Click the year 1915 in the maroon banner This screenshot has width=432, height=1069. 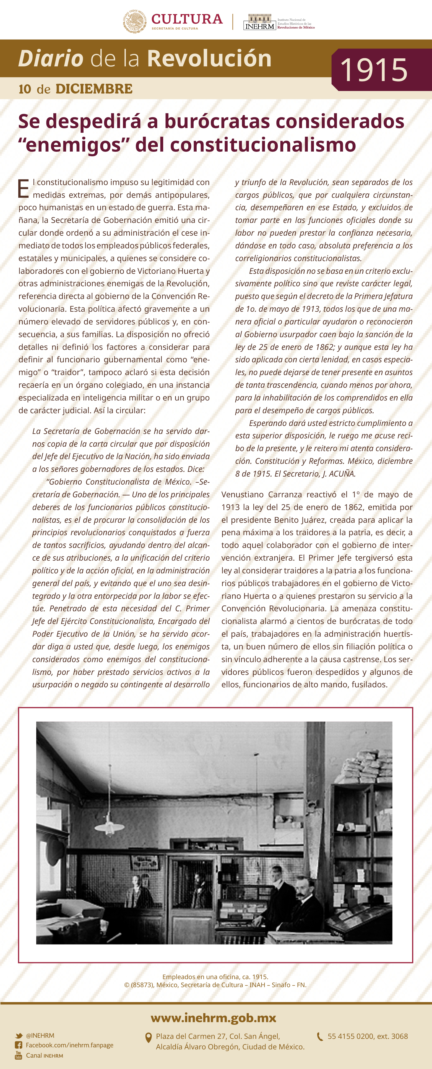click(x=374, y=70)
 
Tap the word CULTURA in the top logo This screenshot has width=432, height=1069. click(x=187, y=19)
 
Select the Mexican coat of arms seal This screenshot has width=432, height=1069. click(x=134, y=22)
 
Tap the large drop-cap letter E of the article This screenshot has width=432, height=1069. click(x=24, y=189)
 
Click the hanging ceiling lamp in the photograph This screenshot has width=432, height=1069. click(x=109, y=826)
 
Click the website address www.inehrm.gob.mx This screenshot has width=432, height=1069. click(x=213, y=1018)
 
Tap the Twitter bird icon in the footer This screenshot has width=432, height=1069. click(x=19, y=1036)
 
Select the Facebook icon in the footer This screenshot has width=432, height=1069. click(x=19, y=1045)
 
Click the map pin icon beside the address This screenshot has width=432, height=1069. click(x=148, y=1038)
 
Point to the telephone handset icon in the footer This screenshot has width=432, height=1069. click(x=319, y=1037)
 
